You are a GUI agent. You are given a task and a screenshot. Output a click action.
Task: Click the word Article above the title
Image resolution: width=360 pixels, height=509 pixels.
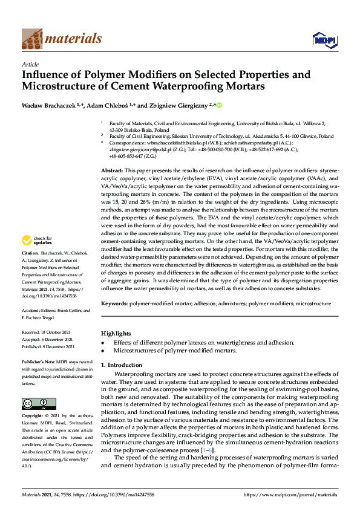coord(30,64)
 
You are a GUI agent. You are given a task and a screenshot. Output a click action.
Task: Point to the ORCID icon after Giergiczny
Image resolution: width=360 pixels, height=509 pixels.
coord(219,106)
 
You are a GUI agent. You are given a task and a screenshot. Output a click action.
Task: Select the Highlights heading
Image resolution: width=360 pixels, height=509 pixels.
coord(115,333)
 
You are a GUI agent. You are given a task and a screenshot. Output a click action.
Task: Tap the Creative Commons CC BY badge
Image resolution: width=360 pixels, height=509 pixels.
coord(34,404)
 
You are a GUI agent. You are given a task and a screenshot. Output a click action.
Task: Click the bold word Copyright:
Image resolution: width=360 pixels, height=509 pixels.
coord(31,417)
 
